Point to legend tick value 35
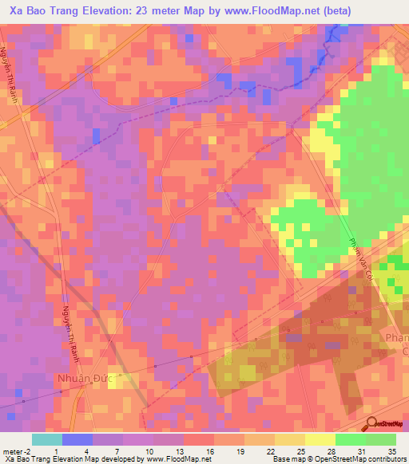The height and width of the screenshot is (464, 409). click(x=391, y=451)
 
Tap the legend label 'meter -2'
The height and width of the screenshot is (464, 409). click(x=17, y=451)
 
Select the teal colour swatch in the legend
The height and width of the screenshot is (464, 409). click(x=46, y=439)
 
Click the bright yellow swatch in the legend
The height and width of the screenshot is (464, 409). click(x=320, y=439)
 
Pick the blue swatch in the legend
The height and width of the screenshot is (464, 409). click(x=77, y=439)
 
